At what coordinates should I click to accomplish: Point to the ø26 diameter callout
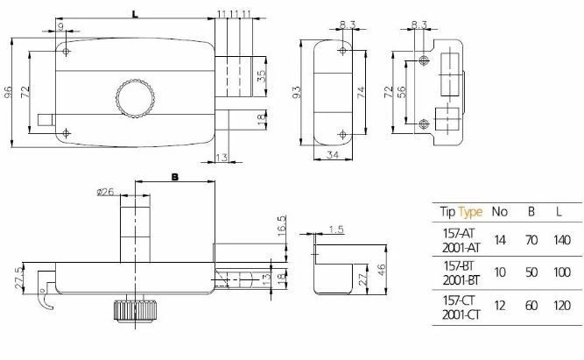(x=104, y=193)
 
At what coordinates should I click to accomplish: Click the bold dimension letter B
(x=173, y=177)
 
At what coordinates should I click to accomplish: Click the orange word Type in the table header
(x=470, y=211)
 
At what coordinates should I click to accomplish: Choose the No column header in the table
(x=500, y=211)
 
